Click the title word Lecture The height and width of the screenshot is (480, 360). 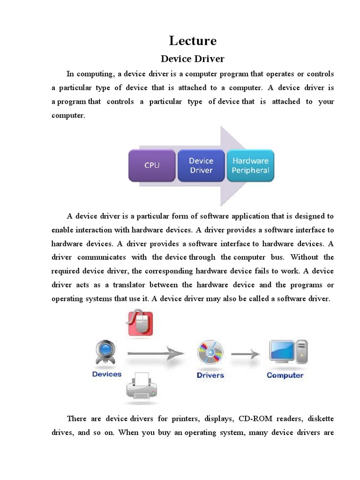193,41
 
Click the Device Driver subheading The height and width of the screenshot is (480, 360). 193,59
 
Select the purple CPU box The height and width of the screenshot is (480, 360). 152,165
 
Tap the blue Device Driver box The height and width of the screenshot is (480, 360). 201,165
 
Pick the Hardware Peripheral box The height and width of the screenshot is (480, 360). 251,165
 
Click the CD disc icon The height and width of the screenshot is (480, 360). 210,353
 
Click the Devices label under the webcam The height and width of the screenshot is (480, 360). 107,374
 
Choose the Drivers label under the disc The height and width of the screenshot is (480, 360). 210,375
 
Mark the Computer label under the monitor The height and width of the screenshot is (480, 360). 285,375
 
